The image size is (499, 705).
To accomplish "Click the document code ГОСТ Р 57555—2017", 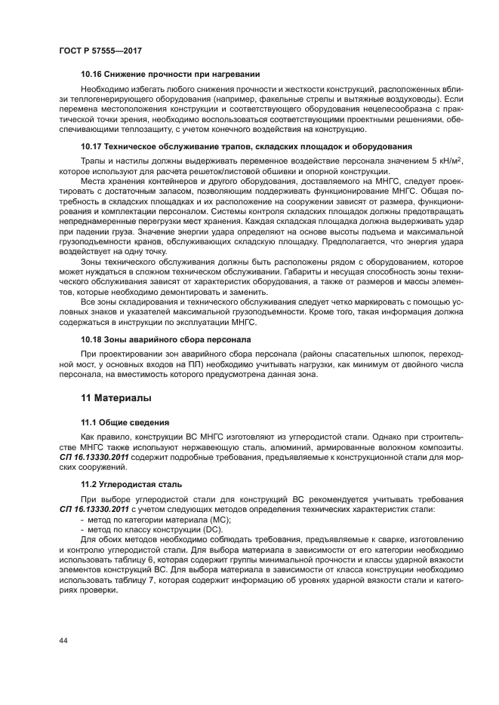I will pos(100,50).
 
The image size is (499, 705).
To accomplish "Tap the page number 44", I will pos(63,640).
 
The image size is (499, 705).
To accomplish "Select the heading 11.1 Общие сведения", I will pos(125,422).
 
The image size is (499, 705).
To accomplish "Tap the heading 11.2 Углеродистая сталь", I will pos(131,483).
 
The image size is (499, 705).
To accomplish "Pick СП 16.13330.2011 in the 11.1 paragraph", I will pos(86,458).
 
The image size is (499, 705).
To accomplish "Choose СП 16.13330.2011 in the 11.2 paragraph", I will pos(86,510).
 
